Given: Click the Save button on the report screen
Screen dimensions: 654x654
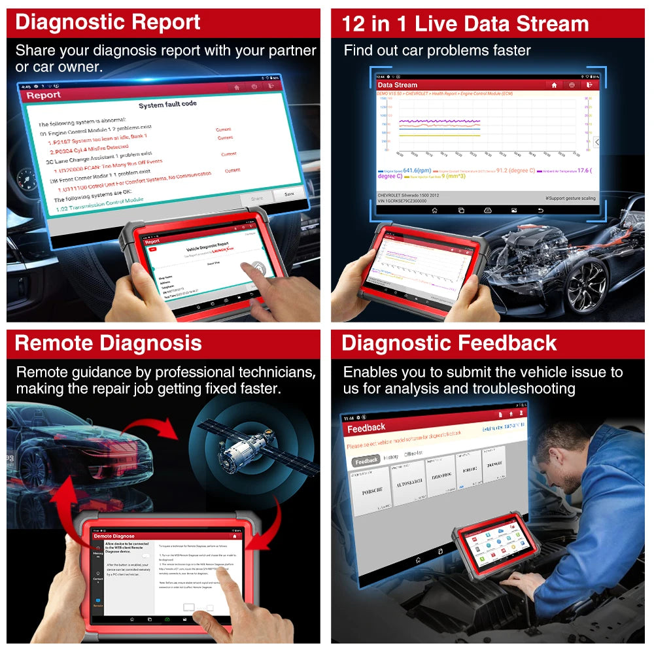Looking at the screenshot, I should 288,194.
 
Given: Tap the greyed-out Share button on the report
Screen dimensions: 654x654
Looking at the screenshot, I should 256,198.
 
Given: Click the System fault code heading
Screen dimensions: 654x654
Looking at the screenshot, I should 167,105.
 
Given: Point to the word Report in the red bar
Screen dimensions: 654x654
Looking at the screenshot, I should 43,95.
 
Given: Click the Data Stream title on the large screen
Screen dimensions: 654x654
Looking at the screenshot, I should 397,84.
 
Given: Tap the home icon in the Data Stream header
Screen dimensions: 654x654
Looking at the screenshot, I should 554,84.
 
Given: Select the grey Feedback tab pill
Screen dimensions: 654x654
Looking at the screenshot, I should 366,460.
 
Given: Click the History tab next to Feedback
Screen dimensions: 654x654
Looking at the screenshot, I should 391,458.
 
